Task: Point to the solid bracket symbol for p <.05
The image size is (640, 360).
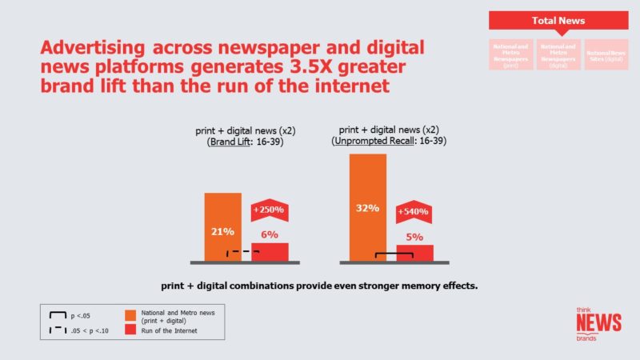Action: point(58,316)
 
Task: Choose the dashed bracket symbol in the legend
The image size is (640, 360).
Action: point(58,330)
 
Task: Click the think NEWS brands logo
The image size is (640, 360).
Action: point(598,323)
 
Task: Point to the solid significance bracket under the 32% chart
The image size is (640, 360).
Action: point(394,257)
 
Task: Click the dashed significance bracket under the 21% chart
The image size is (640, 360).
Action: point(242,254)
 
